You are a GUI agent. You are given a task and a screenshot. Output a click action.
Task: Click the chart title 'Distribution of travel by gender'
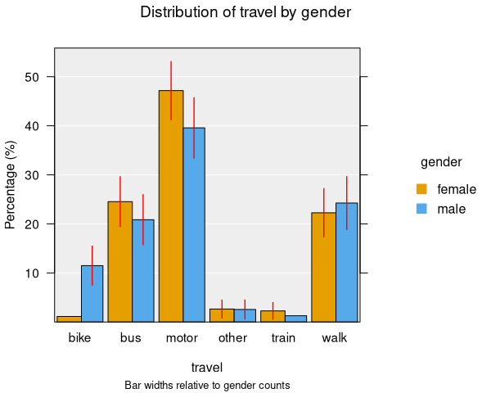tap(246, 12)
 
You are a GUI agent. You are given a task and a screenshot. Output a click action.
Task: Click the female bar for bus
tap(120, 262)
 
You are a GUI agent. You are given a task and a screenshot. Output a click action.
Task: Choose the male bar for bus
tap(143, 271)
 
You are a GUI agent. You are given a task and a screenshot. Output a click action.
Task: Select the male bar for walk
tap(346, 262)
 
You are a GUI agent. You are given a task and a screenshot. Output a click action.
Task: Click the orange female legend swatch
tap(422, 189)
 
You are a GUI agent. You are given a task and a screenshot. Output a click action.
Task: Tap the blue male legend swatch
tap(422, 209)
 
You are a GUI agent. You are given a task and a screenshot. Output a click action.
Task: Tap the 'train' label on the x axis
tap(283, 338)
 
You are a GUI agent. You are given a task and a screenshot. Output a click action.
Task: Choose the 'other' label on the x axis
tap(232, 338)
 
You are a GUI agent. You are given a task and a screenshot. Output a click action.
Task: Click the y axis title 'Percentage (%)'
tap(11, 184)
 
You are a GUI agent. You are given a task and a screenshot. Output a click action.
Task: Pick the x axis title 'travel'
tap(206, 368)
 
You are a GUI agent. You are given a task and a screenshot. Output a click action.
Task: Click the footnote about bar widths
tap(207, 385)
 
